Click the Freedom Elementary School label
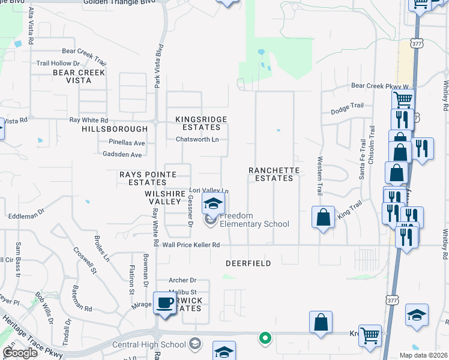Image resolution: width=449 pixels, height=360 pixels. [253, 220]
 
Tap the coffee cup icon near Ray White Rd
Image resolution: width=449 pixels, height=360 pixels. [164, 304]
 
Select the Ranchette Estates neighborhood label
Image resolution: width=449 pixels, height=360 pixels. [274, 174]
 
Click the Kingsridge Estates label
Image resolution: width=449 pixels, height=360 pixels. [201, 123]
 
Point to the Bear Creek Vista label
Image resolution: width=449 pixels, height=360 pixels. [79, 76]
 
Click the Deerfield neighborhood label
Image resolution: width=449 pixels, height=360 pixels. [248, 263]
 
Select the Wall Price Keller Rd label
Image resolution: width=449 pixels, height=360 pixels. [191, 245]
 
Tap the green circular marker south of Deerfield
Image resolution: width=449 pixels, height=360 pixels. [264, 338]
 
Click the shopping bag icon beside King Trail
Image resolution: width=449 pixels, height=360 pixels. [323, 218]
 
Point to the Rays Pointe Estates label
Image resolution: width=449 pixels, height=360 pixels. [147, 178]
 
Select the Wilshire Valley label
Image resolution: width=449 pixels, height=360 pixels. [163, 197]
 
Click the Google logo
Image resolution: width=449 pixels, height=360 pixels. [20, 353]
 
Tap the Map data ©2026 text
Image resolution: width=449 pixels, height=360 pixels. [423, 355]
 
